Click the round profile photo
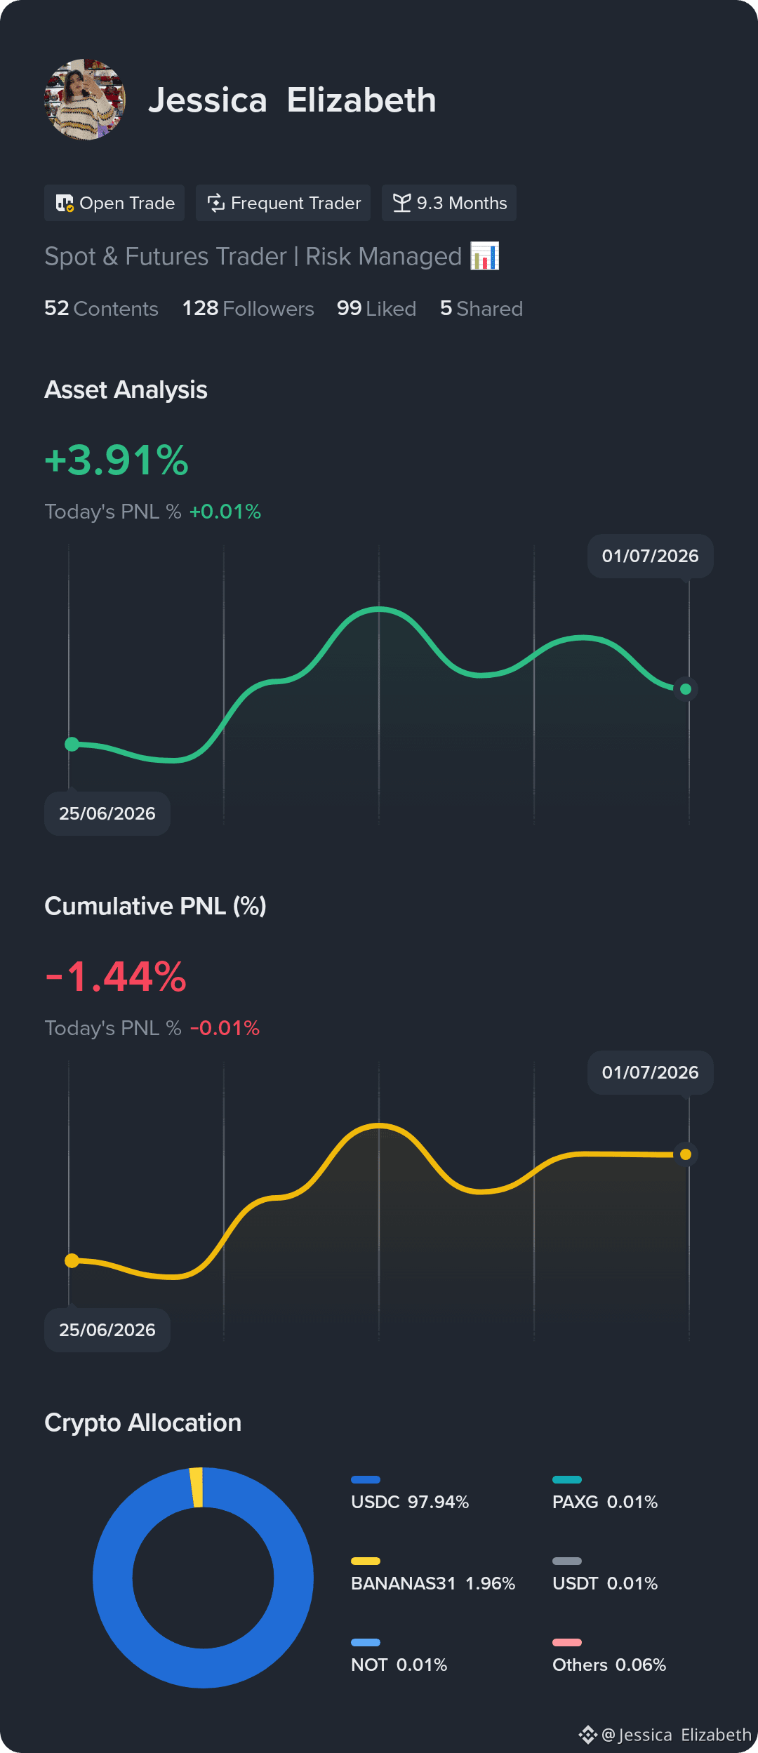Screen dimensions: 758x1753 pos(85,100)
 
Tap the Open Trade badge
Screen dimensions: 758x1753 pos(114,203)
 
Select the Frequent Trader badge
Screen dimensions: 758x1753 pos(283,203)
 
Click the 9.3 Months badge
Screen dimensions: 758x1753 pos(449,203)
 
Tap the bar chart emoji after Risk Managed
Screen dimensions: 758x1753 pos(485,256)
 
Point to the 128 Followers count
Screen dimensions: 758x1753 pos(248,309)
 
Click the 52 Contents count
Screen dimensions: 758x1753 pos(101,309)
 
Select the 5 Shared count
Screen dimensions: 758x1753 pos(481,309)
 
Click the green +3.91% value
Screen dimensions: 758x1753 pos(117,460)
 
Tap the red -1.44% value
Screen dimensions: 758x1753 pos(116,977)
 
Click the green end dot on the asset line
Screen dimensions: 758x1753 pos(686,689)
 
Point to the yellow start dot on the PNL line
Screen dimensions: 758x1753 pos(72,1261)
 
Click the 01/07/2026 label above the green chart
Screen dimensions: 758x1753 pos(651,556)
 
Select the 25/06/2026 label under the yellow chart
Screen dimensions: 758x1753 pos(107,1330)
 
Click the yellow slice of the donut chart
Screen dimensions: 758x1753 pos(197,1487)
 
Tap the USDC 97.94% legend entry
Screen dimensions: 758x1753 pos(410,1494)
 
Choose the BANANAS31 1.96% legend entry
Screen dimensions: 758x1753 pos(433,1575)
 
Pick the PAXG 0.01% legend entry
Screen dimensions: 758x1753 pos(605,1494)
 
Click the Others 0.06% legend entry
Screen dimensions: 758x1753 pos(609,1657)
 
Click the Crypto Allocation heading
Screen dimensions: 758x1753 pos(143,1422)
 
